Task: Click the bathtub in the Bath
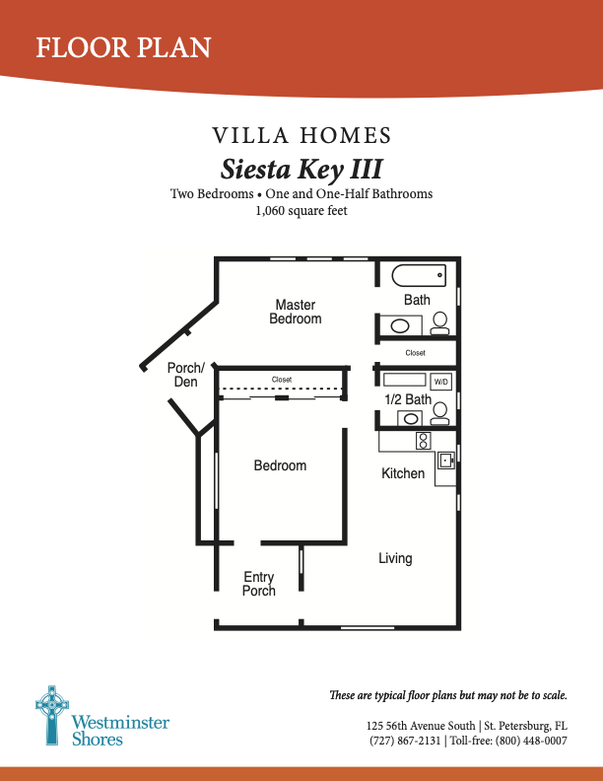[419, 275]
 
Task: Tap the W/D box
[440, 381]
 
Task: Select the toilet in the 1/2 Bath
[440, 412]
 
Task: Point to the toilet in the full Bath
[440, 321]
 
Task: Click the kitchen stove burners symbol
[424, 441]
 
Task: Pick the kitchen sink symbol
[445, 460]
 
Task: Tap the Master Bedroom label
[296, 312]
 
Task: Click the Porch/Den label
[185, 375]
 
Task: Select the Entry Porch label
[259, 584]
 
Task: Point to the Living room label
[395, 559]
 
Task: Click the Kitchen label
[403, 474]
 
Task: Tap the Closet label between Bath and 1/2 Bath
[415, 352]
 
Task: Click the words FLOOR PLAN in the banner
[123, 46]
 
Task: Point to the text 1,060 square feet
[301, 210]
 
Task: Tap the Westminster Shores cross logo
[50, 713]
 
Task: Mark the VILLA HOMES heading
[301, 135]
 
